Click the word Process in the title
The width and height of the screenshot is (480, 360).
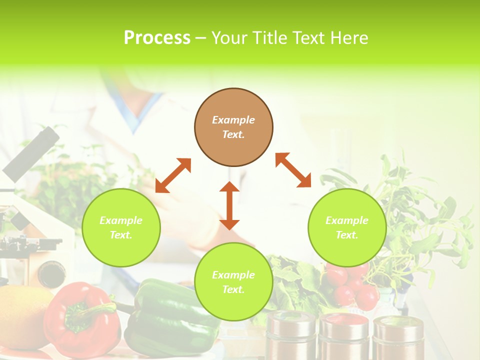click(x=157, y=38)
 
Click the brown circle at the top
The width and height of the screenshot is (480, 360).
click(x=233, y=127)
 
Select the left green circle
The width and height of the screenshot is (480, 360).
click(x=121, y=227)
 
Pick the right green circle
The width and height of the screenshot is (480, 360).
click(x=347, y=227)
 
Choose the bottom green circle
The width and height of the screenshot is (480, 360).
click(x=233, y=281)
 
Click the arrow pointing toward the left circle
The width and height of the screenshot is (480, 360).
click(x=173, y=175)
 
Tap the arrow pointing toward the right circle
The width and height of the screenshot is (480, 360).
click(x=293, y=170)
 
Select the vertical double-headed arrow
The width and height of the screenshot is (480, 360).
click(x=229, y=205)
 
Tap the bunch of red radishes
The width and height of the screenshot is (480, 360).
click(x=352, y=285)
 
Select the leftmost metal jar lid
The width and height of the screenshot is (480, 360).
click(x=291, y=320)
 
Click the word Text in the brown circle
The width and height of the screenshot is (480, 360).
click(x=233, y=134)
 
